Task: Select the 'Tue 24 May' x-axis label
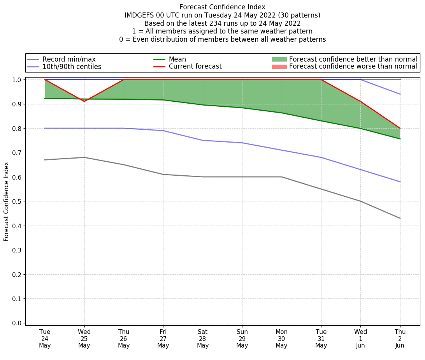[45, 339]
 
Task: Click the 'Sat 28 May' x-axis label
[203, 339]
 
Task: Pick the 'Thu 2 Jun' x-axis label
[400, 339]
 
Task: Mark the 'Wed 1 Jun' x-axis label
[360, 339]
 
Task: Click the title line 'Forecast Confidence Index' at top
[222, 7]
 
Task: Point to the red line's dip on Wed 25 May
[84, 101]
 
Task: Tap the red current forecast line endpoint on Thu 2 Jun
[400, 128]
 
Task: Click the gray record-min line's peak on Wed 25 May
[84, 157]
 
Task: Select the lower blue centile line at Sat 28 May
[203, 140]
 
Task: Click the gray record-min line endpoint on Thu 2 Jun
[400, 218]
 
